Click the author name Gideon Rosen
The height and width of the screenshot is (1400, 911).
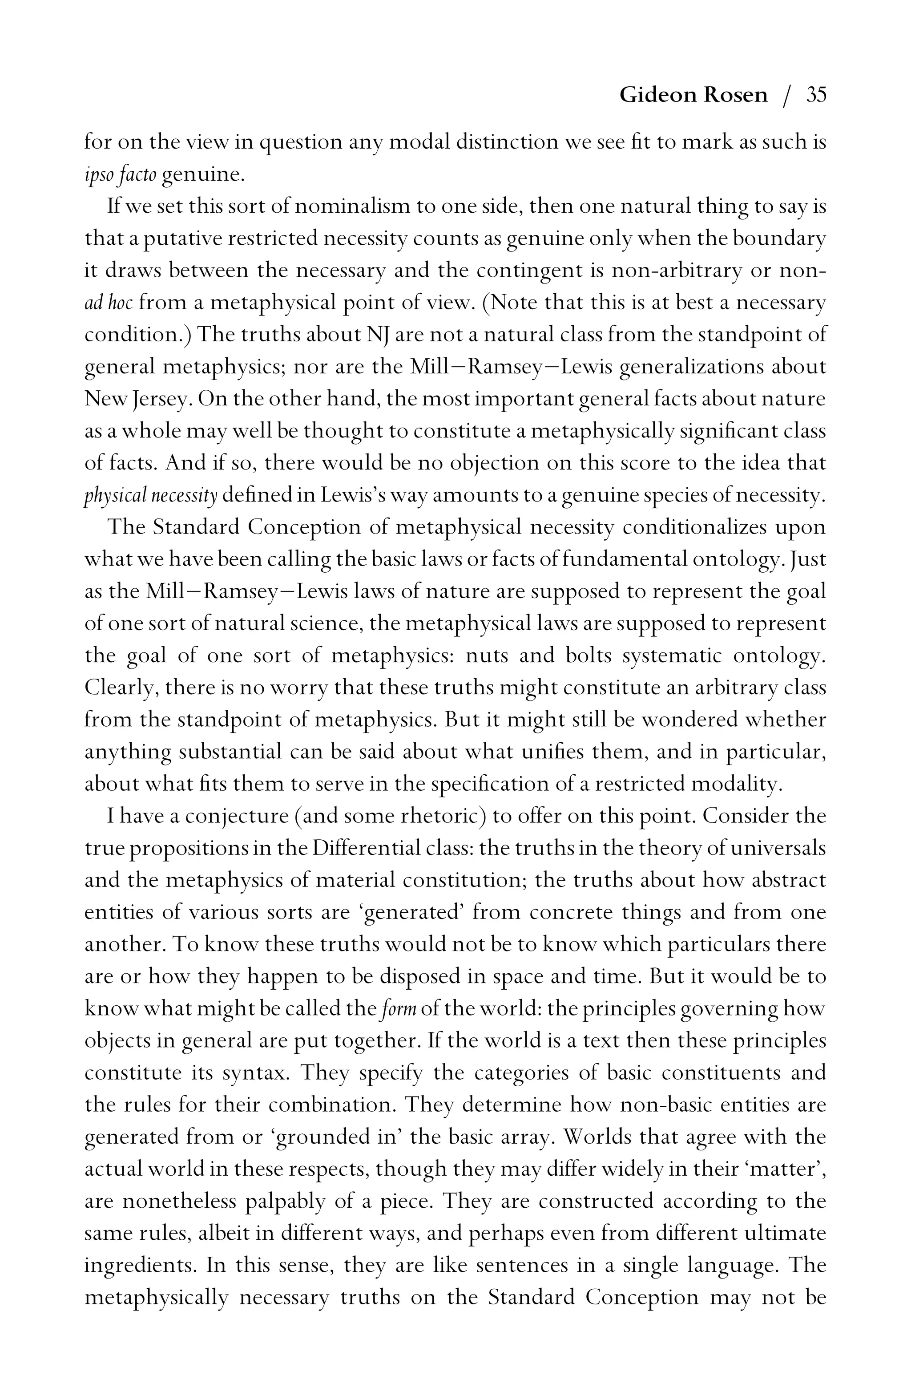[x=693, y=95]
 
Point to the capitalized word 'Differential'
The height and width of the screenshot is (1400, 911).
[x=363, y=848]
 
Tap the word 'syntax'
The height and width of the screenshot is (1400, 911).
[x=255, y=1073]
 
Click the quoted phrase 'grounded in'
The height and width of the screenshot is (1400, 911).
[x=336, y=1137]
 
